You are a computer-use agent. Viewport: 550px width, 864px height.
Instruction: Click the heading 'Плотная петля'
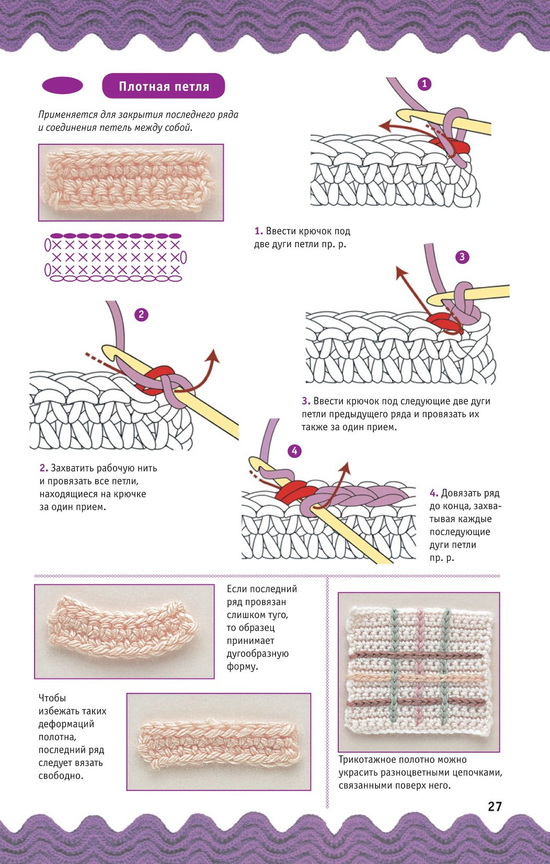[x=164, y=86]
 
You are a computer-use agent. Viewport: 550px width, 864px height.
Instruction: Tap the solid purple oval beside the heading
[x=63, y=85]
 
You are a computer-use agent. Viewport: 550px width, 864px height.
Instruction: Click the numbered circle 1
[x=425, y=84]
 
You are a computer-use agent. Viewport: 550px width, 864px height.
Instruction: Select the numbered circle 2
[x=141, y=315]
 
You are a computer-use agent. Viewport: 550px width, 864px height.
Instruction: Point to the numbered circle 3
[x=462, y=257]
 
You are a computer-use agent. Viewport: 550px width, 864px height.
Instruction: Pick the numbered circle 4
[x=294, y=451]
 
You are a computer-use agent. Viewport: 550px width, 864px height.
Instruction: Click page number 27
[x=495, y=807]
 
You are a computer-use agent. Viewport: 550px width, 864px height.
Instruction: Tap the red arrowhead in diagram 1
[x=384, y=124]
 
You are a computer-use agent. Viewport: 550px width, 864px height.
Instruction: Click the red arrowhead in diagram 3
[x=401, y=272]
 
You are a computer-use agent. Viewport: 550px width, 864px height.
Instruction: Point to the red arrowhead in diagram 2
[x=213, y=355]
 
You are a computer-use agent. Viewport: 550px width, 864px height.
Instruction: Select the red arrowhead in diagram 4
[x=345, y=467]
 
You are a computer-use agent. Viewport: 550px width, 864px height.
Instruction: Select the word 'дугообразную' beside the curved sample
[x=258, y=654]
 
